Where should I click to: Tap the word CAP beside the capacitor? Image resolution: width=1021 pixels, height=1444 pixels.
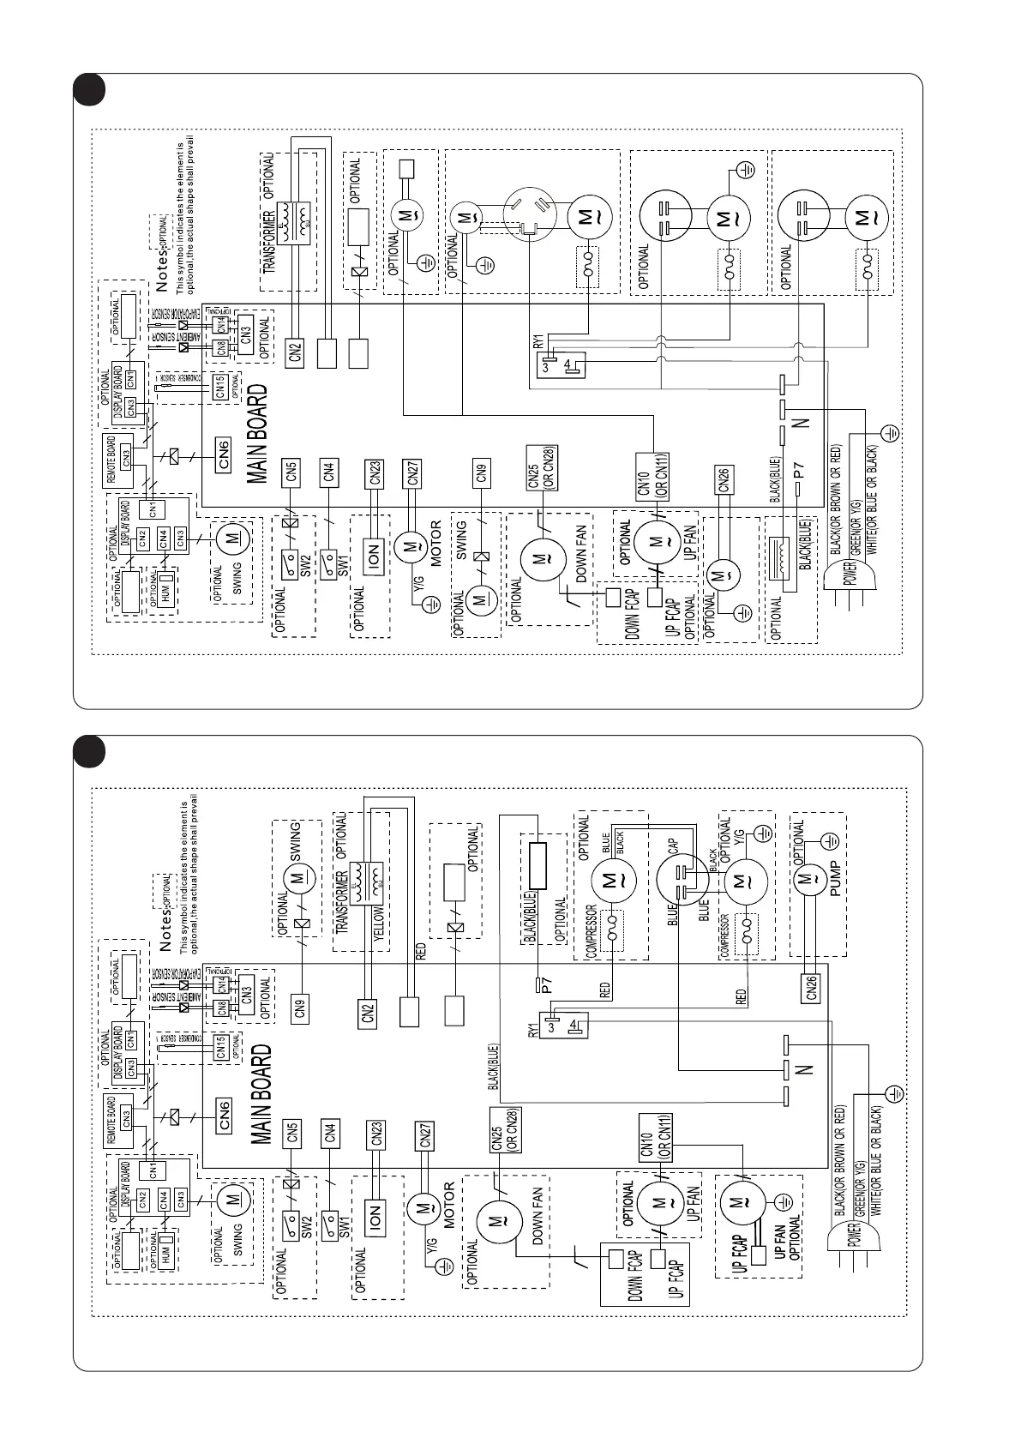tap(674, 846)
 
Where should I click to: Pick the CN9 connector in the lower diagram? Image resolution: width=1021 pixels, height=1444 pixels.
tap(299, 1008)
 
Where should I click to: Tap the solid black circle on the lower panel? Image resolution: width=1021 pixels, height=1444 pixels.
tap(88, 751)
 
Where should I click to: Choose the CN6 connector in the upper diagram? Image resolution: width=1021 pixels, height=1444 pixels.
tap(224, 454)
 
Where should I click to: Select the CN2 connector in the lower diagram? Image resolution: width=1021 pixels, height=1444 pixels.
tap(369, 1013)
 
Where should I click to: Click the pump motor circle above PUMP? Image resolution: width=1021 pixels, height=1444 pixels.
tap(807, 878)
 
